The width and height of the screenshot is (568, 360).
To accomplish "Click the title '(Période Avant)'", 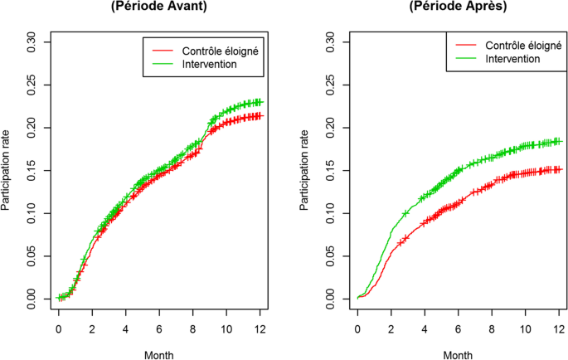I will tap(159, 7).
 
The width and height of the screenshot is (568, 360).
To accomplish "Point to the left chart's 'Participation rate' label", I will tap(7, 170).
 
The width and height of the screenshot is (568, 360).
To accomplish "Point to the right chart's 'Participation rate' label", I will tap(306, 170).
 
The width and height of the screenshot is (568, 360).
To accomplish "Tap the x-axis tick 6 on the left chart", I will tap(159, 328).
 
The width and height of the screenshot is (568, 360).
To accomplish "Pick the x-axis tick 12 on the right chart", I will tap(558, 328).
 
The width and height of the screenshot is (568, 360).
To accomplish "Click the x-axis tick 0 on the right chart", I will tap(357, 328).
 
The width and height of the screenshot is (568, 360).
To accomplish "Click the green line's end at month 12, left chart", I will tap(260, 102).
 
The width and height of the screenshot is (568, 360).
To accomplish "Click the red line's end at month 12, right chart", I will tap(559, 169).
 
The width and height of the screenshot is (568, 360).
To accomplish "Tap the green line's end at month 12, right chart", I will tap(559, 141).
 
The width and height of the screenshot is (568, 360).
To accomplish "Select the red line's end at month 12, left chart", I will tap(260, 115).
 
